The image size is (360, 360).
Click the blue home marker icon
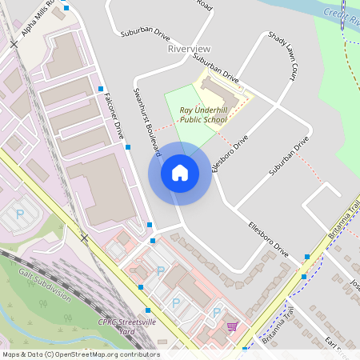point(179,173)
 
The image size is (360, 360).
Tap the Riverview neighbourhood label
point(189,49)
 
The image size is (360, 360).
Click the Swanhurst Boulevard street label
point(148,122)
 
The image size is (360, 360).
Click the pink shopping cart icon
point(232,326)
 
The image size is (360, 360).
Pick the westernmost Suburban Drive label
point(145,34)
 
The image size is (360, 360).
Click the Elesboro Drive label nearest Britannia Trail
point(268,238)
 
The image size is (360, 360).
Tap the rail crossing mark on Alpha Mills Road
point(14,45)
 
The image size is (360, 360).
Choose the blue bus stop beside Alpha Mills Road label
point(66,8)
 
